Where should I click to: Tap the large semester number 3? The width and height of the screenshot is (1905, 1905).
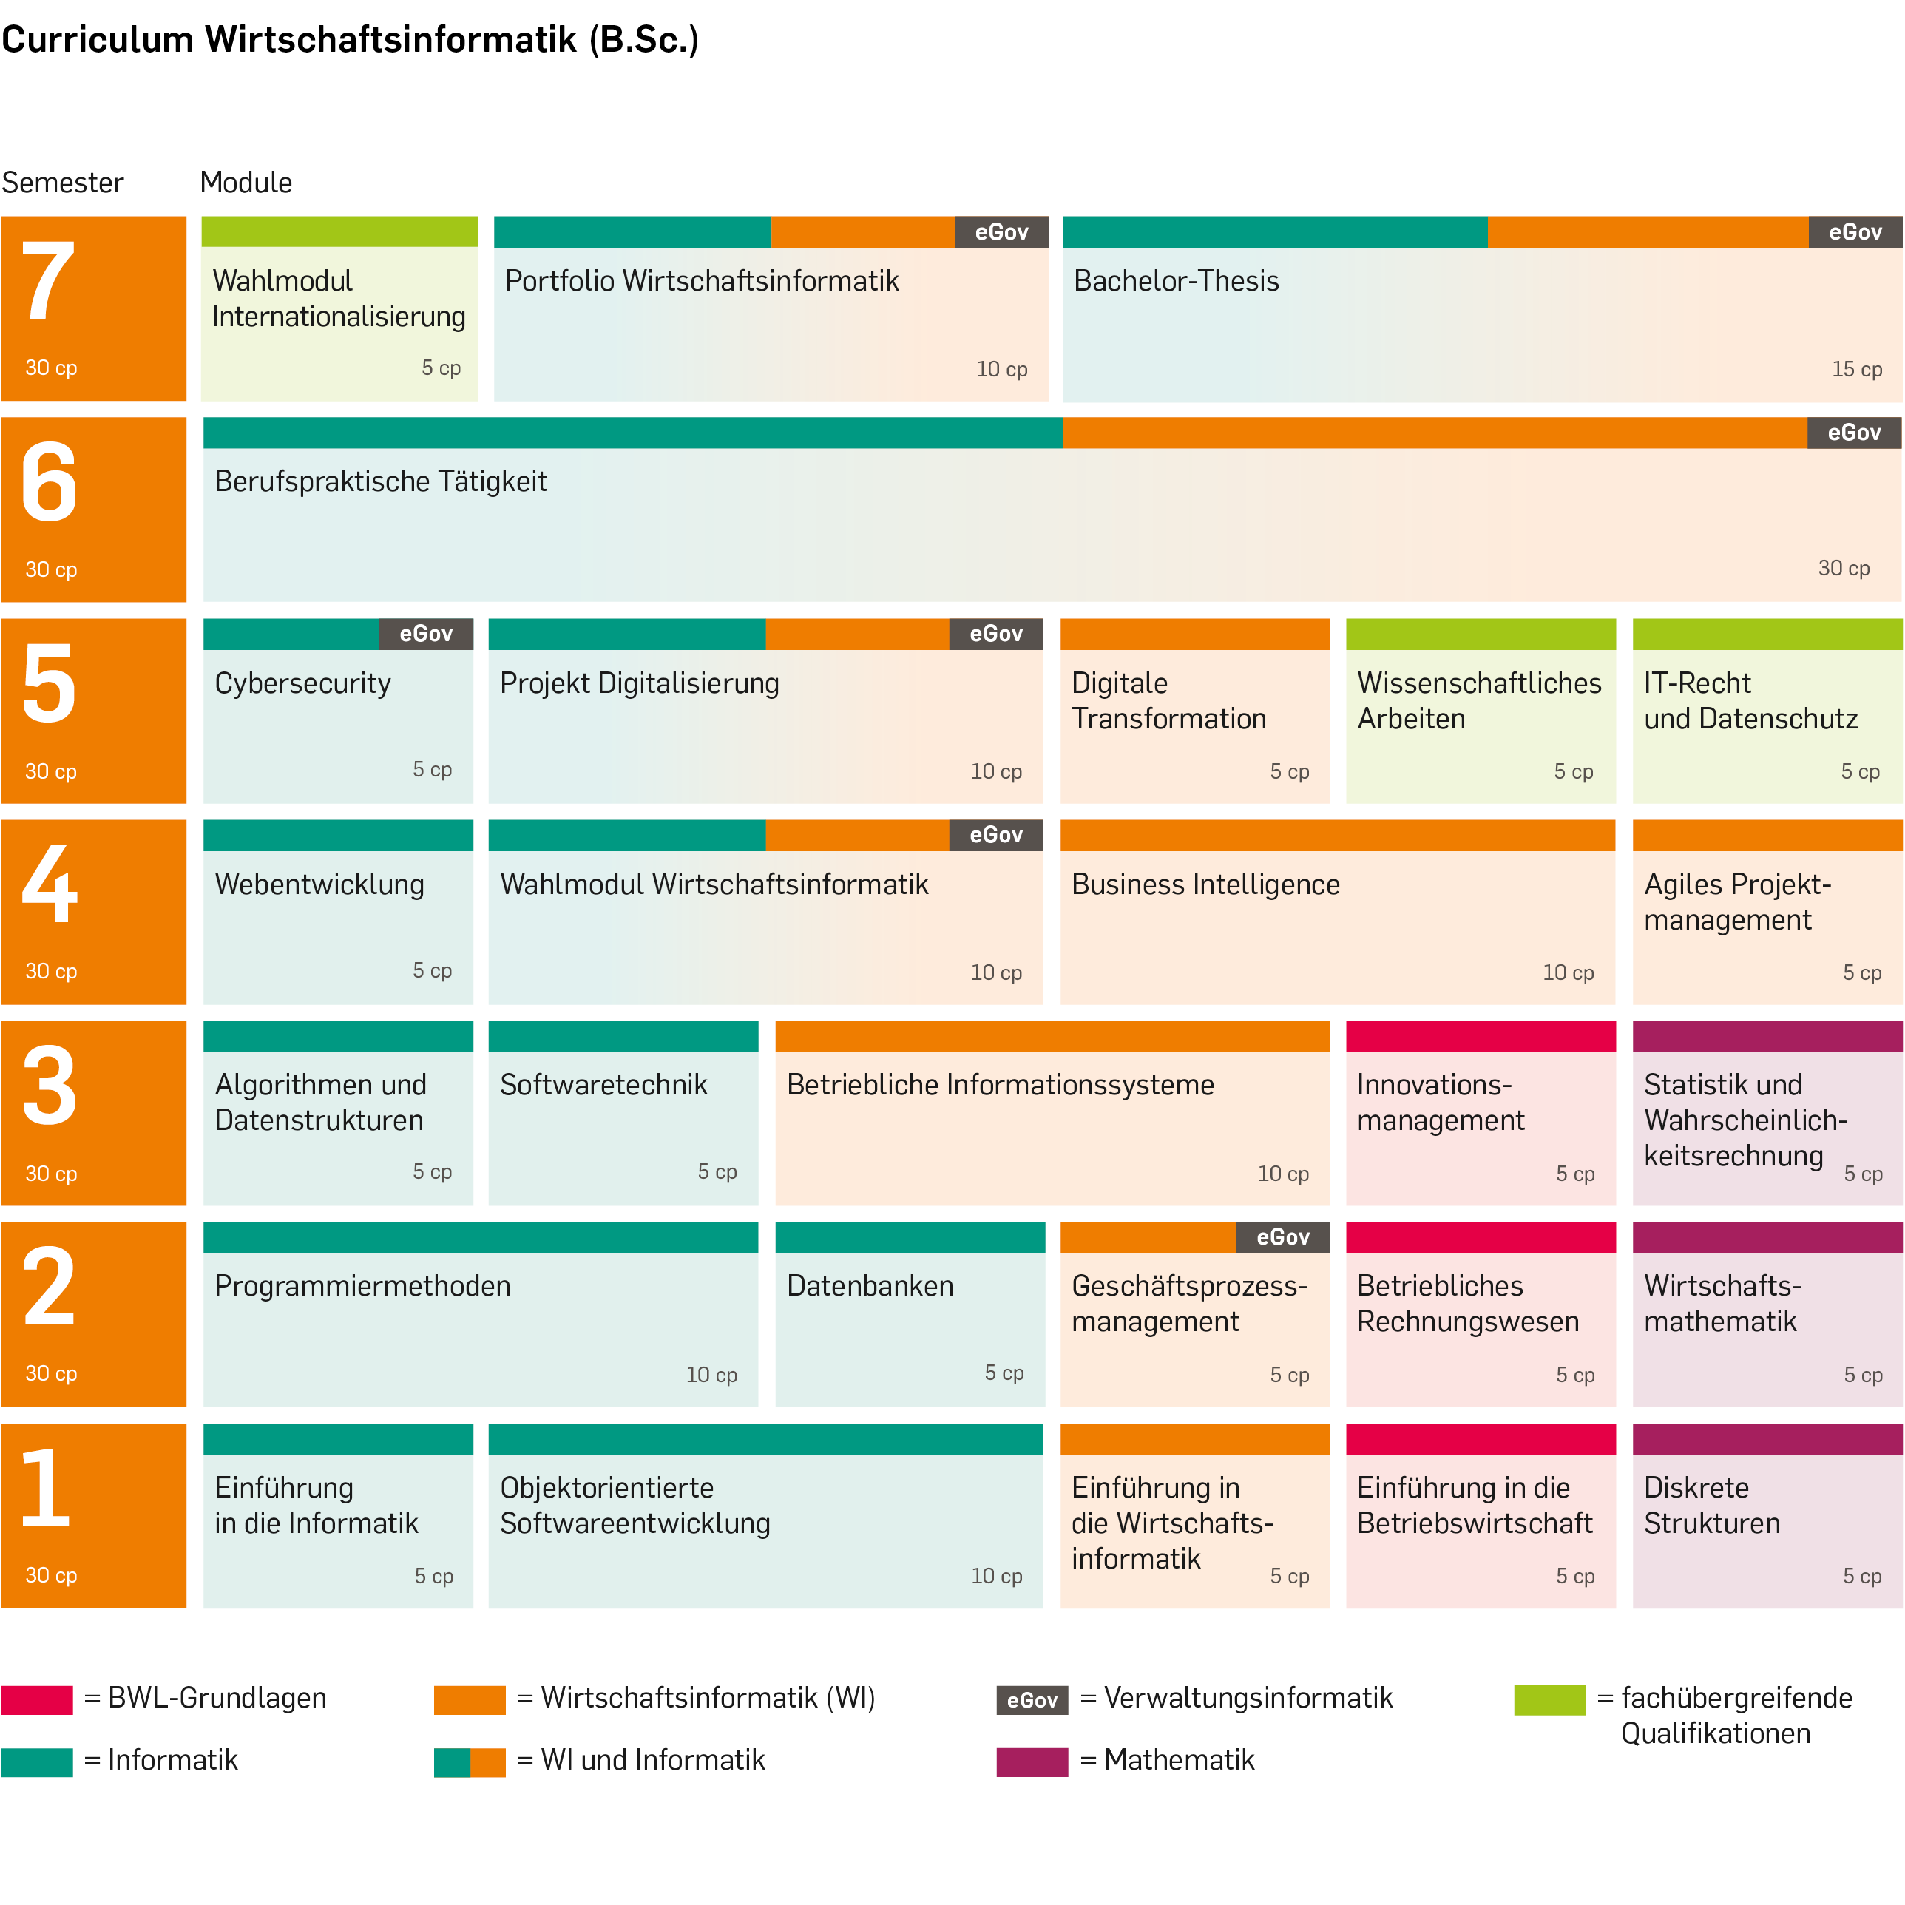point(50,1086)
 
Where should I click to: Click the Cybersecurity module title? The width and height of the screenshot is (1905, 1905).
point(302,683)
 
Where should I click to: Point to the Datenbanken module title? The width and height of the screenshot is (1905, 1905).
point(870,1286)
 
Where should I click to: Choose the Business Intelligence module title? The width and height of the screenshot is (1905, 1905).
point(1205,884)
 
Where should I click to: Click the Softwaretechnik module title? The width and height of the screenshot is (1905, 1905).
point(603,1085)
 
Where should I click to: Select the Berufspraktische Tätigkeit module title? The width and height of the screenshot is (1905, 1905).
point(381,481)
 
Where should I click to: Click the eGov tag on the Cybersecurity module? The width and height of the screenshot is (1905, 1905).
point(426,634)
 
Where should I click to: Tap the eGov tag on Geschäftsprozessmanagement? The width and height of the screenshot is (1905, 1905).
point(1283,1237)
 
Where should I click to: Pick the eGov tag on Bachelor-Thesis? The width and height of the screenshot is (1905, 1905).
point(1855,233)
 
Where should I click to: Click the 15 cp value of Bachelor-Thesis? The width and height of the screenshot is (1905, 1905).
point(1857,369)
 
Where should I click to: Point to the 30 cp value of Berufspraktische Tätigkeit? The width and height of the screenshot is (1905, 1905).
point(1843,568)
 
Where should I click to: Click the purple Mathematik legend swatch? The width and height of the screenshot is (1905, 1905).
point(1032,1762)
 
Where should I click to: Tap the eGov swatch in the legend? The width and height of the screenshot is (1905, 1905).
point(1032,1700)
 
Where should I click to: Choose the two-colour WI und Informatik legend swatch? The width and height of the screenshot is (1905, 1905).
point(470,1762)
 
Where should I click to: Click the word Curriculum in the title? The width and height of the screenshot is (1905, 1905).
point(98,39)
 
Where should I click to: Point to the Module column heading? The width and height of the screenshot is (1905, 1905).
point(246,183)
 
